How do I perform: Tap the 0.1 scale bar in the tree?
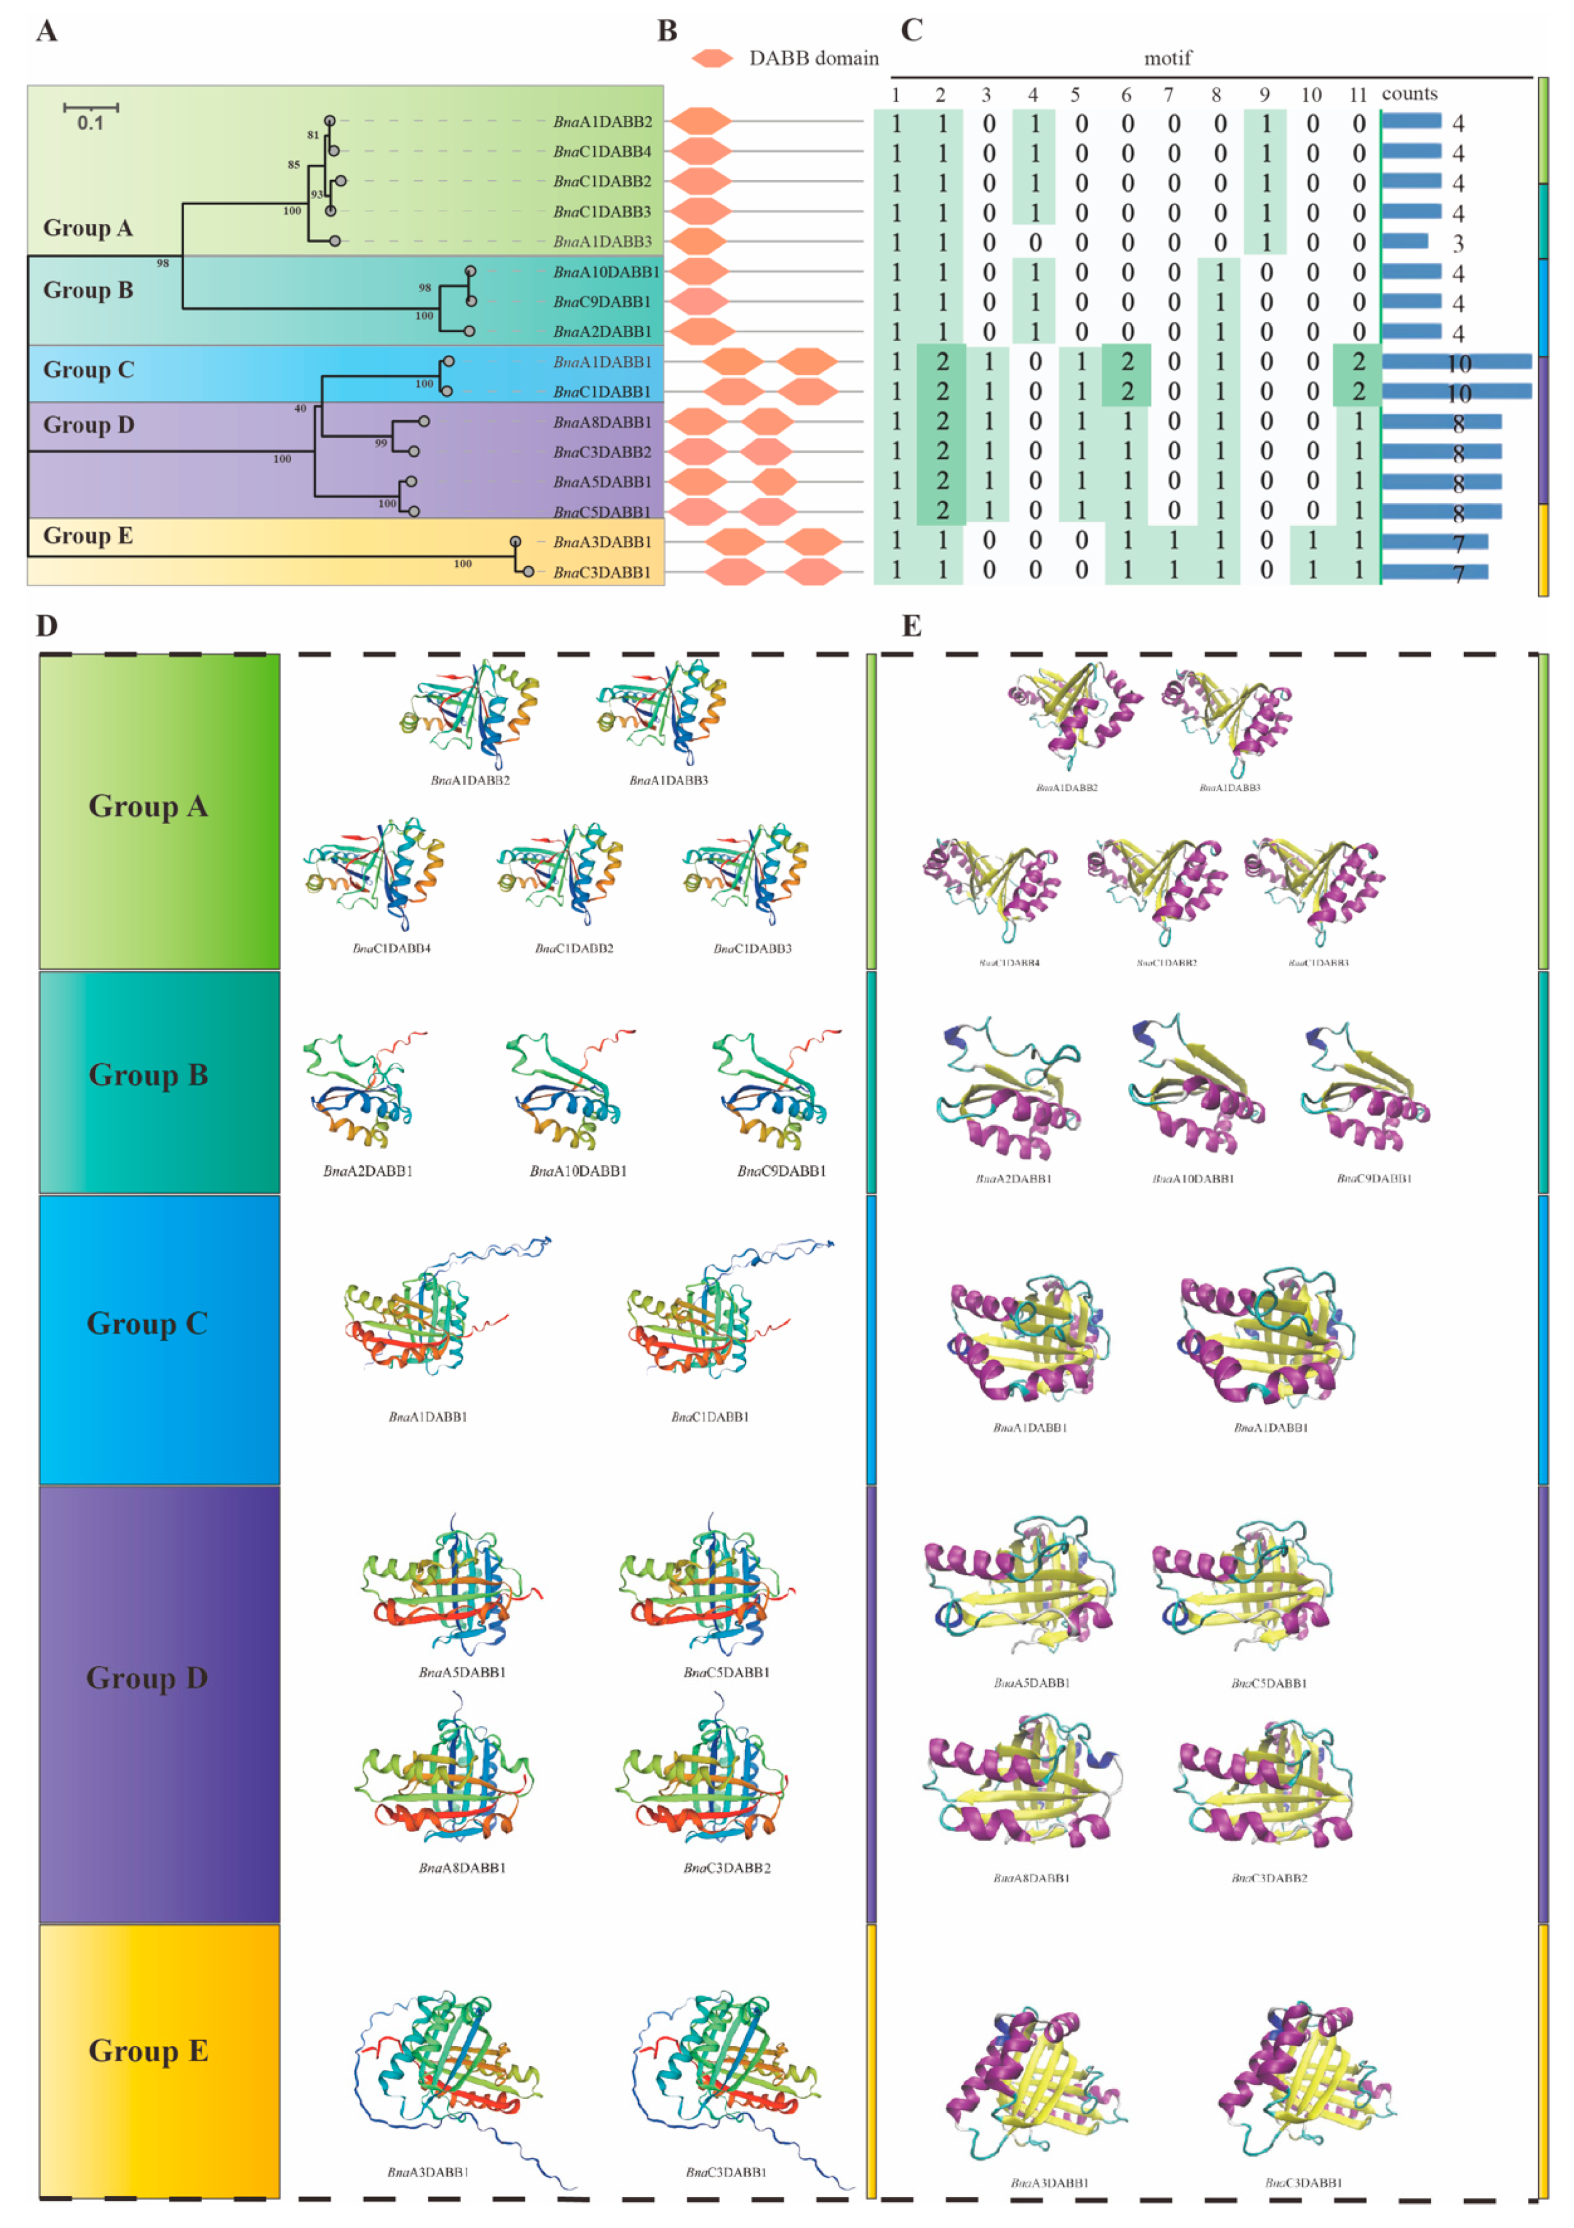click(90, 107)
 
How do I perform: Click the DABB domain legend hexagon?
click(713, 58)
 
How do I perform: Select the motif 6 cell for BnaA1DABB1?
click(1127, 362)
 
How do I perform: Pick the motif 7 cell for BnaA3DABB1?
click(1173, 542)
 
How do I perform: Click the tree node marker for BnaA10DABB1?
click(470, 272)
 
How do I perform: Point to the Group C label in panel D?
click(147, 1323)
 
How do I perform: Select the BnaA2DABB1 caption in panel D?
click(368, 1171)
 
